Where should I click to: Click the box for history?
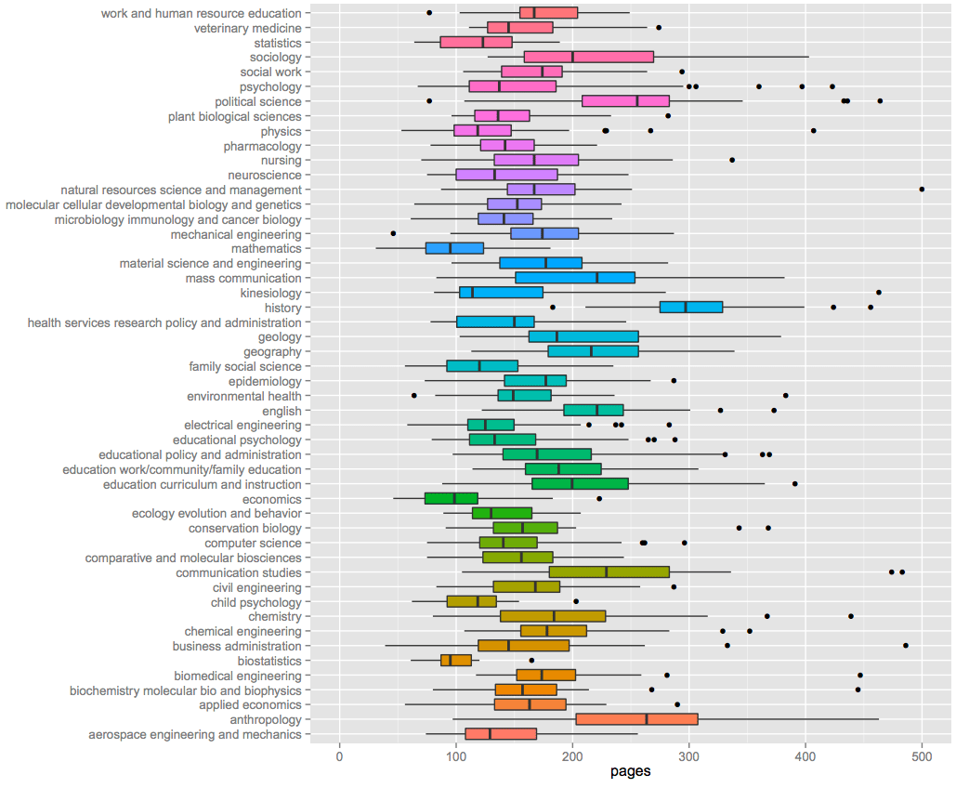pyautogui.click(x=690, y=308)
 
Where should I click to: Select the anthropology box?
pyautogui.click(x=636, y=720)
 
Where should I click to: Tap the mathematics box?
pyautogui.click(x=454, y=249)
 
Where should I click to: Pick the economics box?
pyautogui.click(x=451, y=499)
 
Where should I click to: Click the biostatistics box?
pyautogui.click(x=456, y=661)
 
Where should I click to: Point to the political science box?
pyautogui.click(x=625, y=101)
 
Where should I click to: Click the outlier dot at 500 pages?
pyautogui.click(x=922, y=190)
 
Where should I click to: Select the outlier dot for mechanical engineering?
pyautogui.click(x=393, y=233)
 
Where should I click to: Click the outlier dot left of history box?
pyautogui.click(x=552, y=308)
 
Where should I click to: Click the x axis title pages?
pyautogui.click(x=631, y=772)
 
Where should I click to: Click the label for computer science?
pyautogui.click(x=254, y=543)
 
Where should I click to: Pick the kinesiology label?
pyautogui.click(x=270, y=293)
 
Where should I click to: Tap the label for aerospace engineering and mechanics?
pyautogui.click(x=195, y=735)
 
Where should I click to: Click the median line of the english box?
pyautogui.click(x=597, y=411)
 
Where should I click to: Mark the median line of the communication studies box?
pyautogui.click(x=607, y=572)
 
